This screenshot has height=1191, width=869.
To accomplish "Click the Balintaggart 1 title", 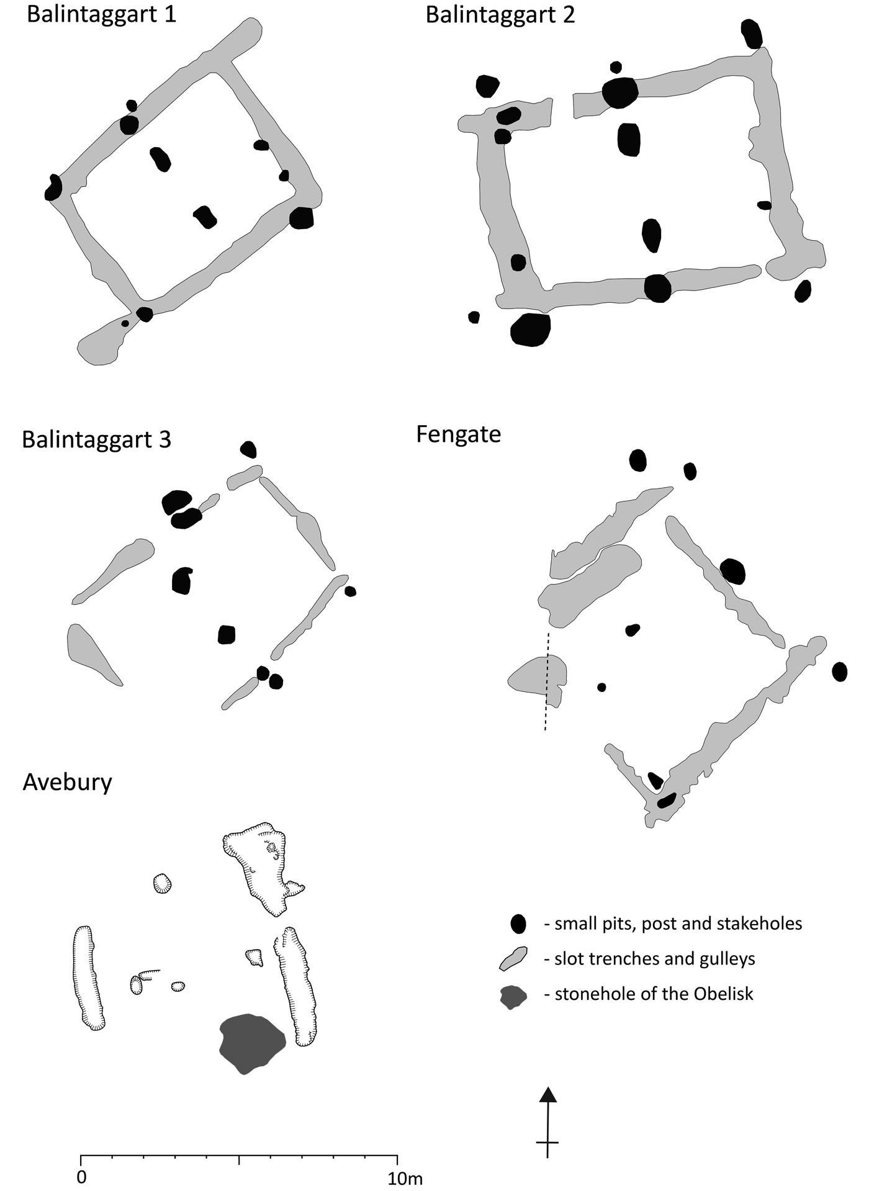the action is coord(102,15).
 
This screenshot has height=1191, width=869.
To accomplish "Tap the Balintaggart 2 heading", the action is coord(500,15).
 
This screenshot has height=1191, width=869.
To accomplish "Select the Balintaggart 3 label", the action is coord(97,439).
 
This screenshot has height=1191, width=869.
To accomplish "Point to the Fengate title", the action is coord(459,434).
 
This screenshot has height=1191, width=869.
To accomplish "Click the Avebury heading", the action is coord(67,782).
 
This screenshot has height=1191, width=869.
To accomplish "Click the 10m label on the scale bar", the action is coord(405,1178).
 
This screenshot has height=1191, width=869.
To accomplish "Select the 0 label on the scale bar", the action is coord(82,1177).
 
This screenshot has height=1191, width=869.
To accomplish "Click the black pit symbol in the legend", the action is coord(518,924).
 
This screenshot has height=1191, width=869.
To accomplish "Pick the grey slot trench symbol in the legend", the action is coord(514,959).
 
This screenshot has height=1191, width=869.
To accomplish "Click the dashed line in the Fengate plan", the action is coord(547,681).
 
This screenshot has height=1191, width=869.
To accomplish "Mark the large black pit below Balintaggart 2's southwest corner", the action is coord(531,330).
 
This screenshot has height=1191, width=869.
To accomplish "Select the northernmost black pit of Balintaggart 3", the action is coord(249,449).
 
